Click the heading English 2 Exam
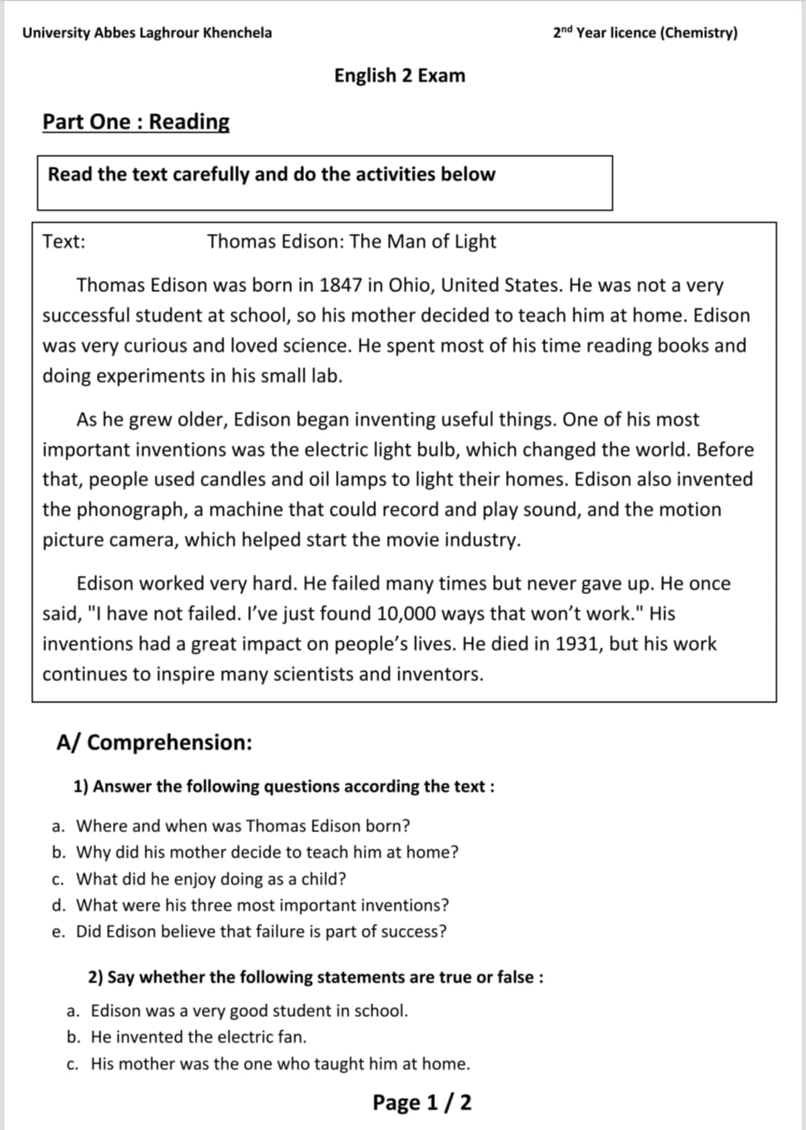400,75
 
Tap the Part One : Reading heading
136,122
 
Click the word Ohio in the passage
410,286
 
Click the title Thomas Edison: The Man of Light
351,241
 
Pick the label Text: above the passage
64,241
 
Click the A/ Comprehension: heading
154,742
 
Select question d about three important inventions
262,905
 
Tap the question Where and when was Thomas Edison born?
242,825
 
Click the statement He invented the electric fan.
198,1037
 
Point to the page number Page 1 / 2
422,1102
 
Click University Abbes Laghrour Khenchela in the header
147,33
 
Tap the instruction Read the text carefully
271,175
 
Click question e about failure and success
261,932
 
